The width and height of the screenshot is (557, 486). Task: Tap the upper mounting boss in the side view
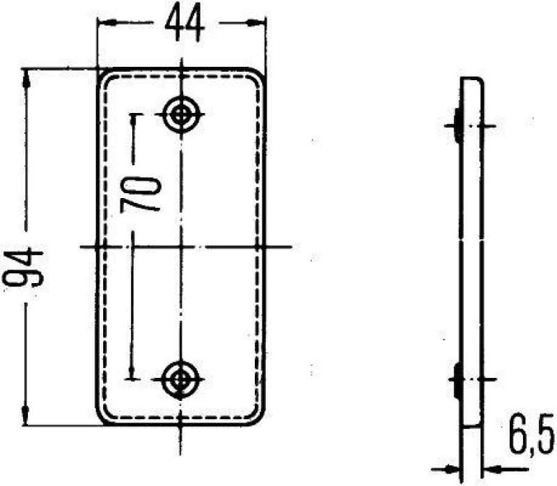[x=457, y=125]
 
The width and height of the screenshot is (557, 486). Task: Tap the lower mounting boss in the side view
[x=457, y=379]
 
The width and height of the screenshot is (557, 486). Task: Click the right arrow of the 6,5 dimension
[x=490, y=469]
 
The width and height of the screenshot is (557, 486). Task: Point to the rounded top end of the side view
[x=473, y=82]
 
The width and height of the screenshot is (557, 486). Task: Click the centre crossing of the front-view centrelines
[x=182, y=247]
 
